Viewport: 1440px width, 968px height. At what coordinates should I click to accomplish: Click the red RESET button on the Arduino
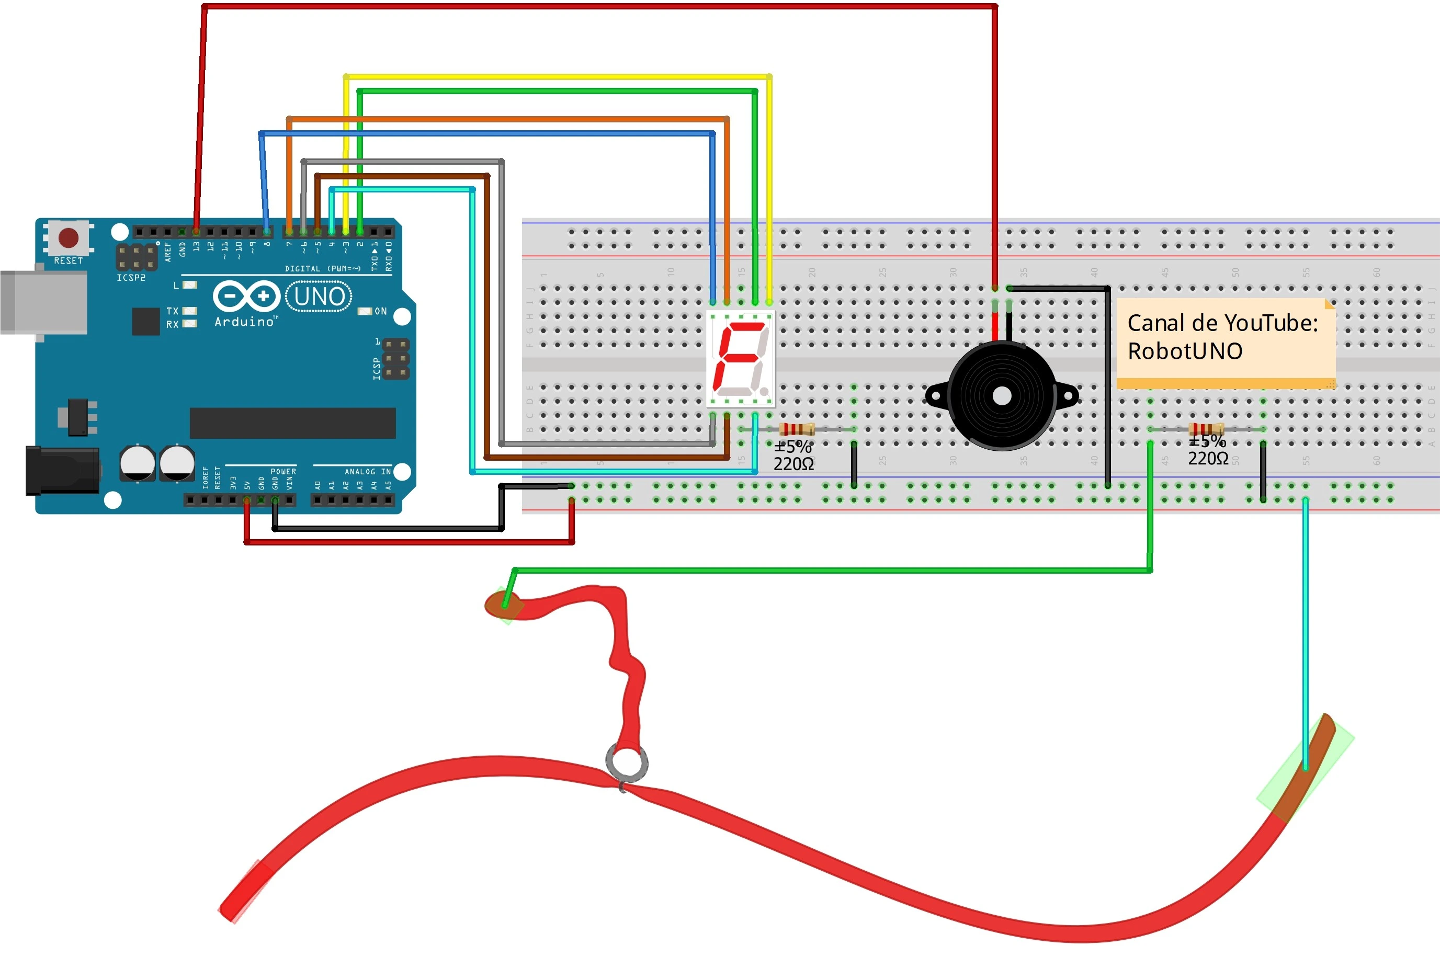[68, 237]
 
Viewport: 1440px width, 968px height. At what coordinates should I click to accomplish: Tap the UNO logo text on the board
[319, 297]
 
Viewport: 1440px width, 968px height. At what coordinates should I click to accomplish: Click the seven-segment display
[740, 359]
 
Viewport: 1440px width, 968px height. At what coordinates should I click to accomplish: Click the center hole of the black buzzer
[1002, 396]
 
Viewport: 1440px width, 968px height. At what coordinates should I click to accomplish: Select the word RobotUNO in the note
[1184, 351]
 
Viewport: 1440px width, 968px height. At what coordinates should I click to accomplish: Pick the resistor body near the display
[797, 429]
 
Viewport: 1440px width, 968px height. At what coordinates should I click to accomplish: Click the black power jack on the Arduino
[62, 471]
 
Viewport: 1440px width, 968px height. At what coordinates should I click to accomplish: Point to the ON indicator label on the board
[380, 311]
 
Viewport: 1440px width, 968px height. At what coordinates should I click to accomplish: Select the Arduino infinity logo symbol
[246, 297]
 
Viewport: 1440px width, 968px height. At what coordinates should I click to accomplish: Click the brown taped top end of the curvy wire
[504, 605]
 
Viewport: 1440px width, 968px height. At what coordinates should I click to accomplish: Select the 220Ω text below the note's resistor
[1208, 459]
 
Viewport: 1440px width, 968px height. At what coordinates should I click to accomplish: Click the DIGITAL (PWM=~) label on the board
[322, 269]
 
